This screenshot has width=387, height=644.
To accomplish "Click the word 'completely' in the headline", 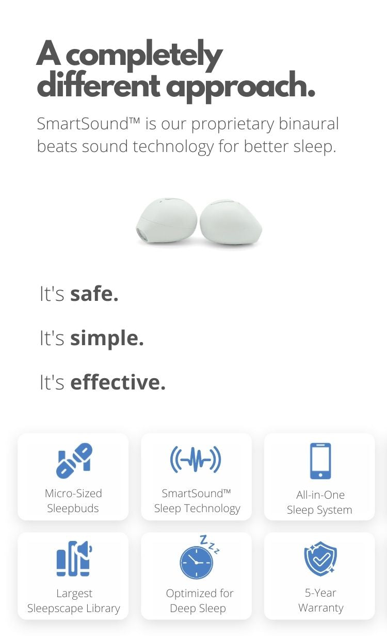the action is click(x=144, y=56).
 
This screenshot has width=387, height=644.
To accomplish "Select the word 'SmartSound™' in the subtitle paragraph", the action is click(x=88, y=124).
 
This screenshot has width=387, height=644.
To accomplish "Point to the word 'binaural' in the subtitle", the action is click(x=309, y=124).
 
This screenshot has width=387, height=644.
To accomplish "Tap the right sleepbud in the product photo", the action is click(x=231, y=222).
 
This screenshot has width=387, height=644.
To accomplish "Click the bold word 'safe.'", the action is click(x=94, y=294).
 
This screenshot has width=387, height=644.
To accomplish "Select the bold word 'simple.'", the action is click(x=107, y=338).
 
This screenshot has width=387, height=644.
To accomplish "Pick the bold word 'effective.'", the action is click(x=118, y=382).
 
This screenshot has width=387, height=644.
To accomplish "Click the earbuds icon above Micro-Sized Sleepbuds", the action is click(x=74, y=461).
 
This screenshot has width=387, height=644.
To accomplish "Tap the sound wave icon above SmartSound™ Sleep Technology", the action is click(x=196, y=459).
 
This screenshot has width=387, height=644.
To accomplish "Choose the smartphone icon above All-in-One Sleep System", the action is click(x=320, y=461).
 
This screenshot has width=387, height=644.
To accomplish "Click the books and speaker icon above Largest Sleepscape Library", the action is click(x=74, y=558).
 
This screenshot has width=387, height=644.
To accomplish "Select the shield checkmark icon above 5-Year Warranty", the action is click(x=320, y=559).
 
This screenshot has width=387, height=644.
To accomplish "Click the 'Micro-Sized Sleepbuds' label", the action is click(x=73, y=501).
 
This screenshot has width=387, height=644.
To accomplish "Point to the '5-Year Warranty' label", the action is click(x=321, y=600).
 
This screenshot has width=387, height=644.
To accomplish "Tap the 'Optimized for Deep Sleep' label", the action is click(x=199, y=601).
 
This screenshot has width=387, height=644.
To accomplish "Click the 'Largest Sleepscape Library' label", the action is click(x=74, y=601).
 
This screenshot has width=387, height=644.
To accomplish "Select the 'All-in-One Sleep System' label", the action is click(x=319, y=502).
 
